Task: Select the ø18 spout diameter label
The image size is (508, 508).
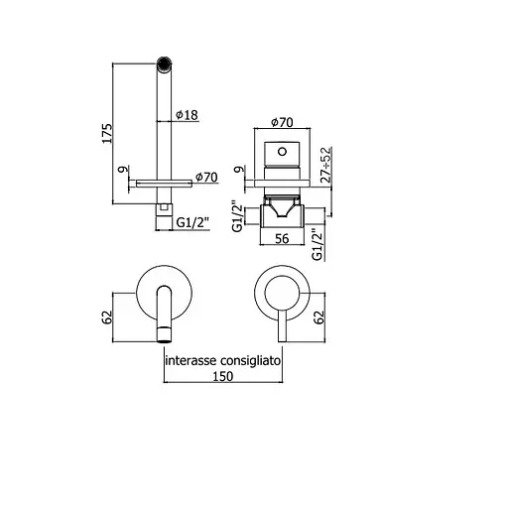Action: click(x=186, y=115)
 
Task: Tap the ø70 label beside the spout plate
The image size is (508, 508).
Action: click(x=206, y=177)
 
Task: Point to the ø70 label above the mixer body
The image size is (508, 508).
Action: click(x=282, y=123)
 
